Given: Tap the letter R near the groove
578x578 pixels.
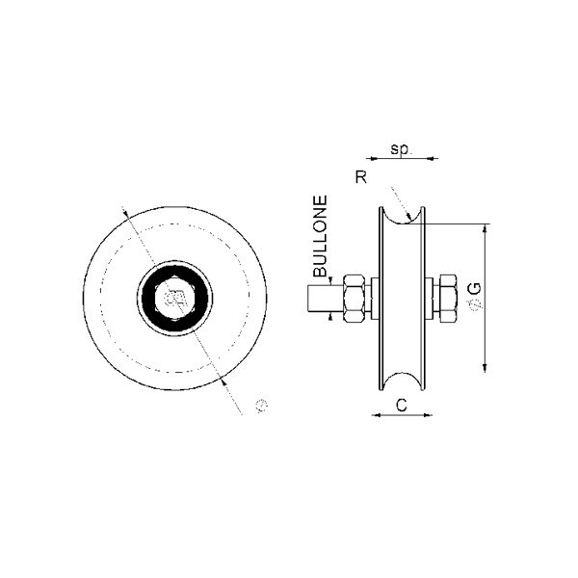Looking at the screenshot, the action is coord(361,177).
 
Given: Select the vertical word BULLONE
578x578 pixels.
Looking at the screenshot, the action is coord(320,236).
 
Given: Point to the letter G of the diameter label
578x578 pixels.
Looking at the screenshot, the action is coord(477,288).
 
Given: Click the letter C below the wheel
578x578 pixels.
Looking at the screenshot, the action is coord(402,406).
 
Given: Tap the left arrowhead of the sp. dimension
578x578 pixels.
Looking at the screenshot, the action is coord(375,159).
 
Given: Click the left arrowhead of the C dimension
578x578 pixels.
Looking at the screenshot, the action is coord(377,415).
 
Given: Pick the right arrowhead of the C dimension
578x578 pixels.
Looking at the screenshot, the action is coord(428,415).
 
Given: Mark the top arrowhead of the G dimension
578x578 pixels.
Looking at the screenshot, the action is coord(486,229).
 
